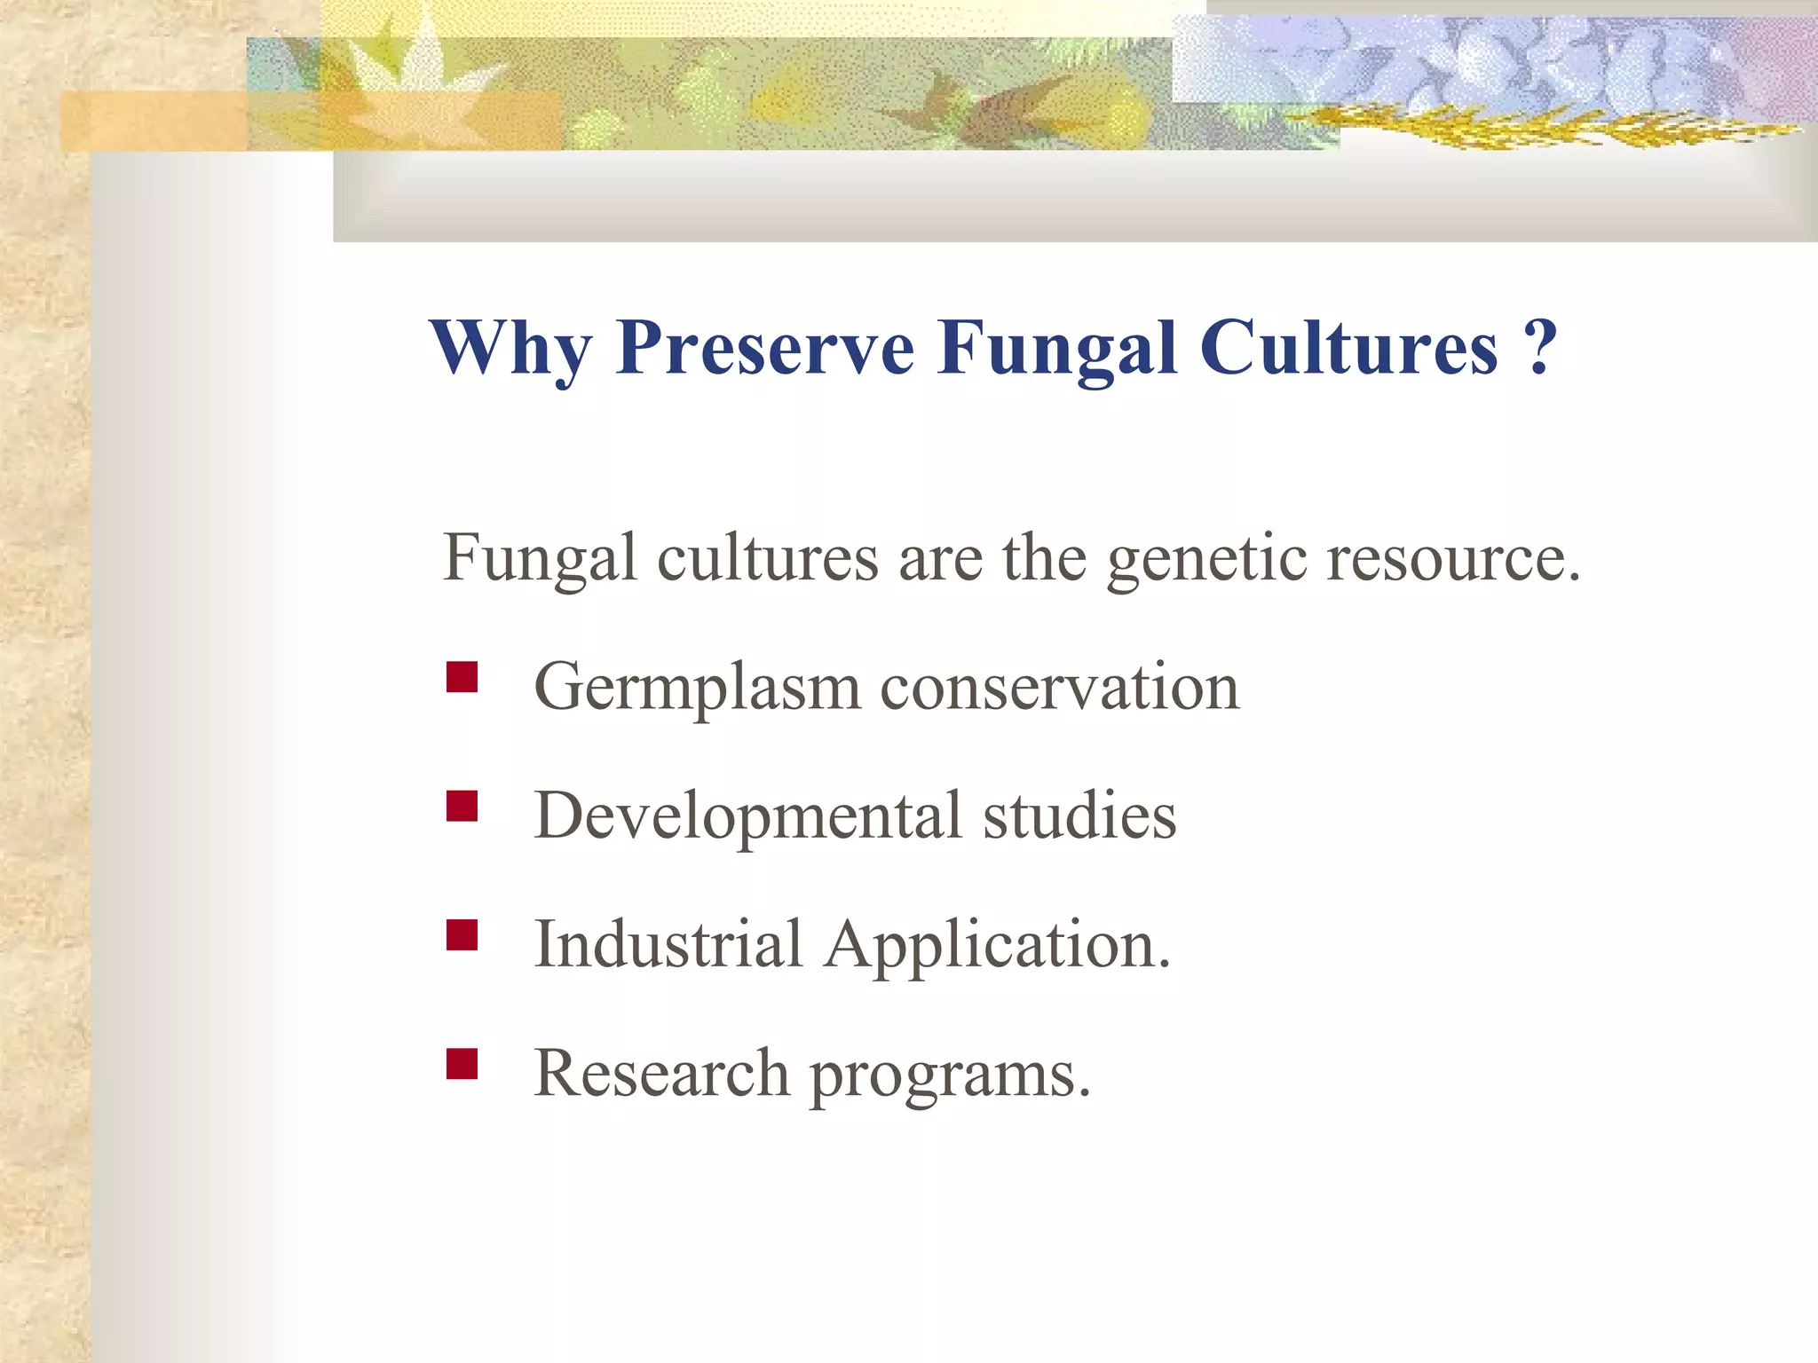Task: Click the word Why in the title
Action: (511, 349)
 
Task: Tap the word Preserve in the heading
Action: (764, 349)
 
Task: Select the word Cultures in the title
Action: (1348, 349)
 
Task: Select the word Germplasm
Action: (697, 689)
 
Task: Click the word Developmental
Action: (747, 817)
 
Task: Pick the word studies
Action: (1079, 817)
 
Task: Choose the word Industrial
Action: (668, 946)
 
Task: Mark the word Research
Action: (661, 1075)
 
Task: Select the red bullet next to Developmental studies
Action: (462, 806)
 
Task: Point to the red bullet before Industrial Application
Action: (462, 934)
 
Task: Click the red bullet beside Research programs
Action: (462, 1063)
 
